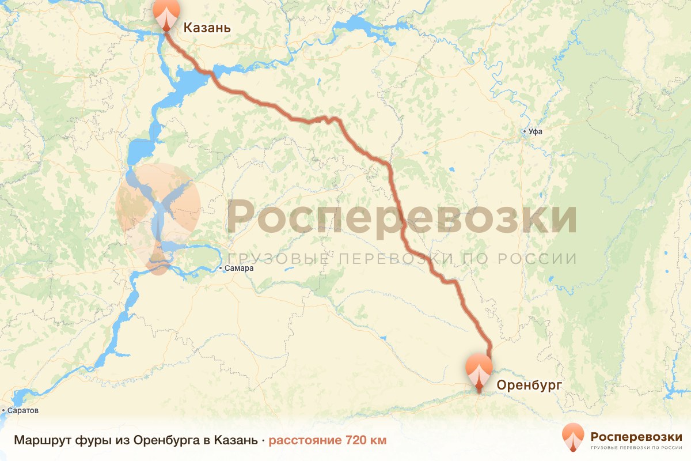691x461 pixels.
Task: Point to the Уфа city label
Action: (536, 132)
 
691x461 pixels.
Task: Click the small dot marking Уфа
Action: (524, 132)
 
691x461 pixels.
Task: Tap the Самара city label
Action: (240, 269)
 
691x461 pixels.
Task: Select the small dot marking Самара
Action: (221, 269)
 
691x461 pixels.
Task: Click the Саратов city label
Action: (23, 411)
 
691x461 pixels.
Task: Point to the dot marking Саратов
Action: (3, 411)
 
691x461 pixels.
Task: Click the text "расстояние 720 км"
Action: (328, 440)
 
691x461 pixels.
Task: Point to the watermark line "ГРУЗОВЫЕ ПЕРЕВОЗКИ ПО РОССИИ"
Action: (401, 259)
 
